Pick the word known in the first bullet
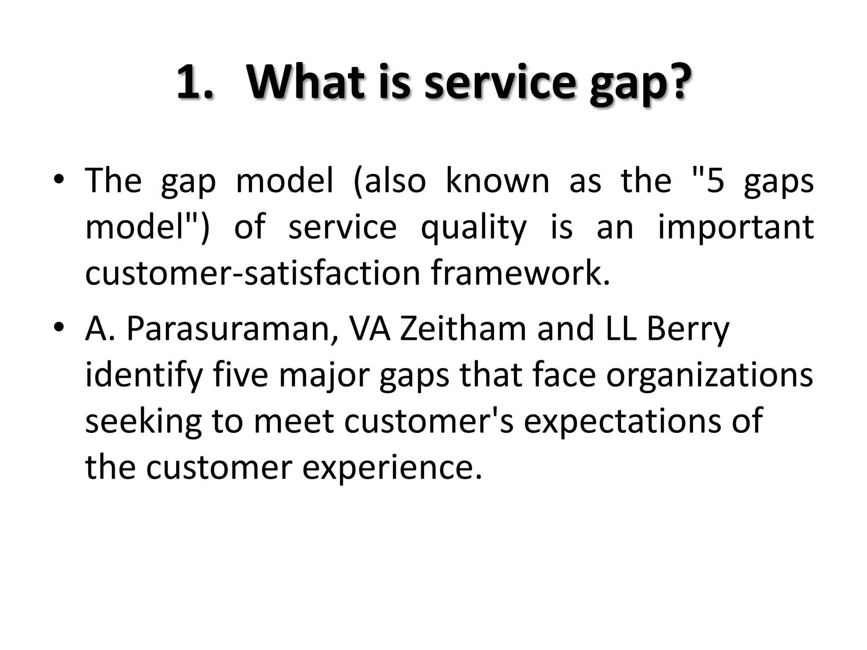497,181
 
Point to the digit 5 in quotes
715,182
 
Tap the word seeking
143,422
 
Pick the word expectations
622,422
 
